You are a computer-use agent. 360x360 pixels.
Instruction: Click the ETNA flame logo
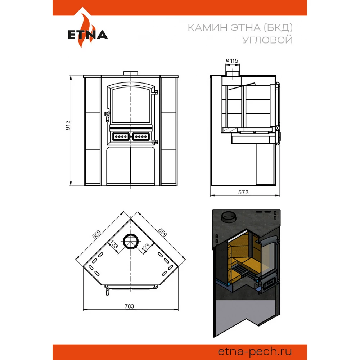[87, 28]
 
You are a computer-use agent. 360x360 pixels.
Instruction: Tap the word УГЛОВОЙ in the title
[267, 40]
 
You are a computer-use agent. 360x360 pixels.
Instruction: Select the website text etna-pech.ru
[255, 351]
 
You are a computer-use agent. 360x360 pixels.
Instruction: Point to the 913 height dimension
[68, 125]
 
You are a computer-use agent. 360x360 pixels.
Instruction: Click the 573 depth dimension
[243, 192]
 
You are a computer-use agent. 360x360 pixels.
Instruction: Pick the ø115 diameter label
[232, 60]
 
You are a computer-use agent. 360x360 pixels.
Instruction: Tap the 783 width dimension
[129, 306]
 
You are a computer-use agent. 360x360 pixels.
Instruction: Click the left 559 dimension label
[96, 234]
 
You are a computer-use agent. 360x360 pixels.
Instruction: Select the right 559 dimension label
[162, 232]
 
